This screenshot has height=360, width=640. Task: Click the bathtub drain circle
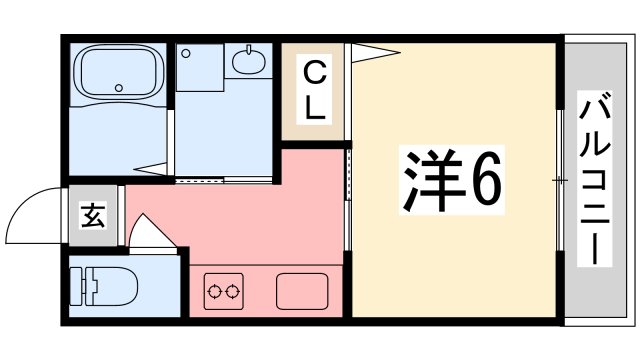pos(119,88)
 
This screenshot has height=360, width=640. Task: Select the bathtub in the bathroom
pos(118,73)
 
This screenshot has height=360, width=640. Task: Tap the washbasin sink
pos(249,61)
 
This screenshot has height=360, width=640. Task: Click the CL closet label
pos(314,89)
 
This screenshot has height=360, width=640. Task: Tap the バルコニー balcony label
pos(594,179)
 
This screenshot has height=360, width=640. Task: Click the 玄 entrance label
pos(93,215)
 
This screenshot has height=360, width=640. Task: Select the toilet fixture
pos(103,286)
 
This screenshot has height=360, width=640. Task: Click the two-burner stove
pos(224,291)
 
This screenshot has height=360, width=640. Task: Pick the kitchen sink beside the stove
pos(302,291)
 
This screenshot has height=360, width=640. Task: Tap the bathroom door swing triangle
pos(150,169)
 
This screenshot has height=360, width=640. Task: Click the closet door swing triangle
pos(376,53)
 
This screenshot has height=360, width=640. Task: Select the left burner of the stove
pos(214,291)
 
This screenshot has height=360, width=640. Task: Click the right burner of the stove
pos(233,291)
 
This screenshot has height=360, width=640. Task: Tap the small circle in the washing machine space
pos(186,53)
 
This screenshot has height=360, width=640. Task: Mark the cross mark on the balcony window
pos(560,180)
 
